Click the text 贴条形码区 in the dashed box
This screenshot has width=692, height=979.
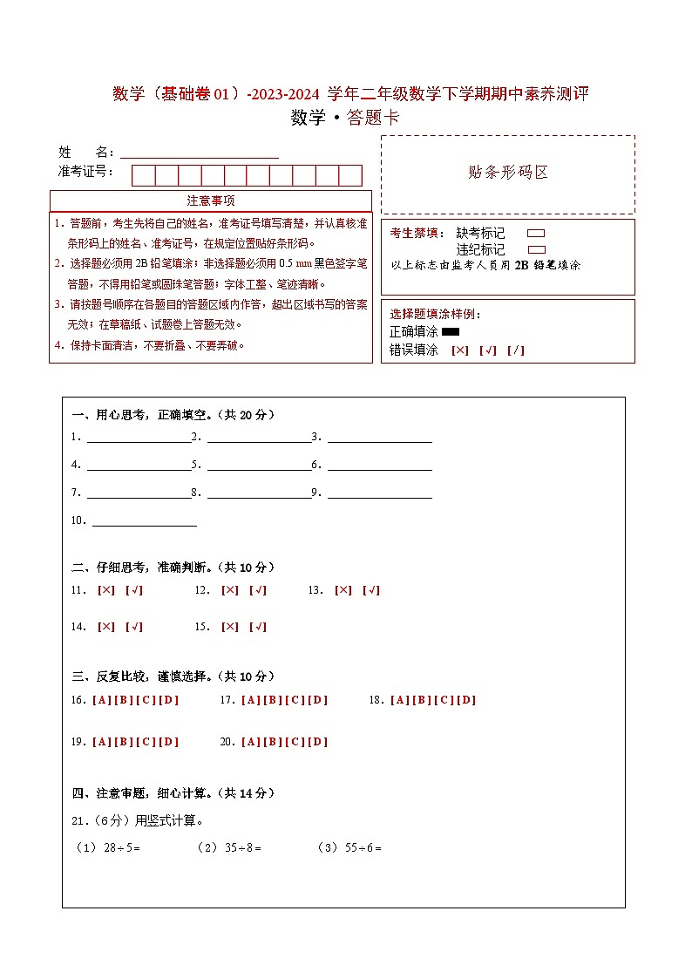pos(508,173)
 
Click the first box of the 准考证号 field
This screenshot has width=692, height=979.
pos(143,175)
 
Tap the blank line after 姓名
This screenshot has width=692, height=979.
pos(200,153)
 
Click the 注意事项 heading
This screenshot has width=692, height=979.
pos(210,201)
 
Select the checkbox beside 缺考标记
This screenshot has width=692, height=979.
pos(536,234)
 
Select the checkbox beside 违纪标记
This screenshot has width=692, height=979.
pos(536,249)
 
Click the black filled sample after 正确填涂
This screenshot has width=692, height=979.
pos(451,332)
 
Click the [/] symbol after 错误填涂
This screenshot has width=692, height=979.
pos(516,350)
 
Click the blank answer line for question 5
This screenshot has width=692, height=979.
pos(259,465)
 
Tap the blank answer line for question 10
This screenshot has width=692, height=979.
pos(145,521)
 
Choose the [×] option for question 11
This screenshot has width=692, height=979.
pos(106,590)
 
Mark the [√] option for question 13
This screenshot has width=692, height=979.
pos(371,590)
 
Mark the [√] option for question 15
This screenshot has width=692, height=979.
pos(258,627)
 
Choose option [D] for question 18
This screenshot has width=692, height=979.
pos(467,700)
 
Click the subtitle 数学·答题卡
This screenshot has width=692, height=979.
pos(345,118)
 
